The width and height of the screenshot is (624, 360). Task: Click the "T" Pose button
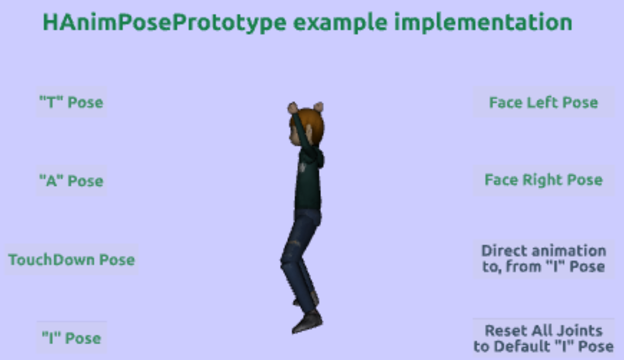pyautogui.click(x=72, y=102)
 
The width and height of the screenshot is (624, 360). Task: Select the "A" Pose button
pyautogui.click(x=72, y=180)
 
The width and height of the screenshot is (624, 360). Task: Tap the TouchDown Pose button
pyautogui.click(x=72, y=259)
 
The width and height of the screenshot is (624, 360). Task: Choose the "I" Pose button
pyautogui.click(x=72, y=338)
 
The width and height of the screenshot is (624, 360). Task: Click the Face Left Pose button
pyautogui.click(x=544, y=102)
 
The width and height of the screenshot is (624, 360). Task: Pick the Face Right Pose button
pyautogui.click(x=544, y=180)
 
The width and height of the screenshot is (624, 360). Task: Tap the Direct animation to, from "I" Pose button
pyautogui.click(x=544, y=259)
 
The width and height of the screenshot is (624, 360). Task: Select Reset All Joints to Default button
pyautogui.click(x=544, y=339)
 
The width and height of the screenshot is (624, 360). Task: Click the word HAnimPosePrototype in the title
pyautogui.click(x=164, y=23)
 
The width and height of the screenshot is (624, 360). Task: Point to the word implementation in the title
pyautogui.click(x=484, y=23)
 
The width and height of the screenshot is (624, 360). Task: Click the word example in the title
pyautogui.click(x=340, y=23)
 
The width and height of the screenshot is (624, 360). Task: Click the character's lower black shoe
pyautogui.click(x=308, y=322)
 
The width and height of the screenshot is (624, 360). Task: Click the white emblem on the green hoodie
pyautogui.click(x=303, y=167)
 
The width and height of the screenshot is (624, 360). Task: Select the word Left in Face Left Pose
pyautogui.click(x=543, y=102)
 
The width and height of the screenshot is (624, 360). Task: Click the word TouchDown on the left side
pyautogui.click(x=52, y=259)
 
